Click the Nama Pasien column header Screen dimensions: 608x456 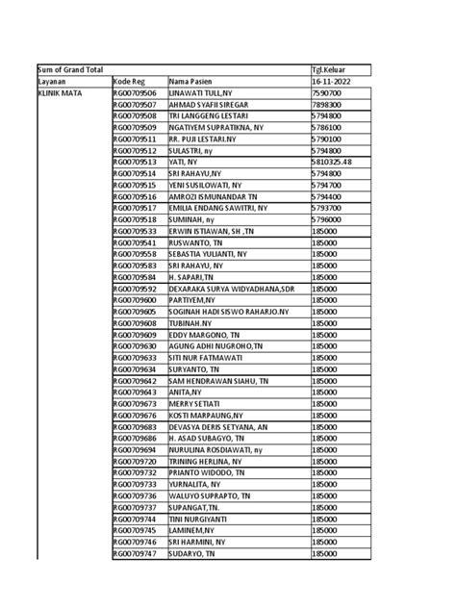point(192,82)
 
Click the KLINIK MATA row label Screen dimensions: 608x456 point(58,93)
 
